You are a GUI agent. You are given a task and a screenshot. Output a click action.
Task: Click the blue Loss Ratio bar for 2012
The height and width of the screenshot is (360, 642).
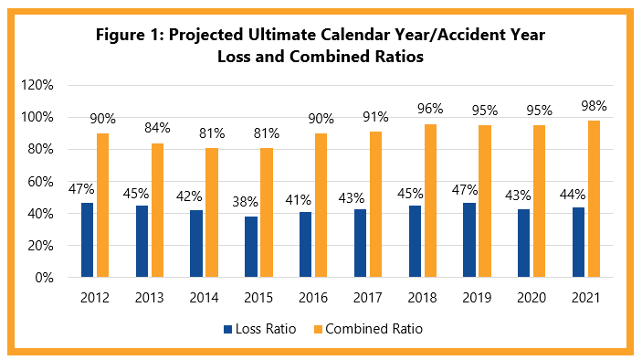(87, 239)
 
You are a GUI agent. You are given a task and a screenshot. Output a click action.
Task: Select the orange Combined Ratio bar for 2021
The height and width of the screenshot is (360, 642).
(595, 199)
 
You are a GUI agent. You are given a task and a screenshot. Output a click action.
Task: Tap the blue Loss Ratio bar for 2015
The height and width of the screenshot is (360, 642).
(251, 247)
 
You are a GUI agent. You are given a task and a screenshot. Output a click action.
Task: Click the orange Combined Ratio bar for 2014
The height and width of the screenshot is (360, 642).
(212, 213)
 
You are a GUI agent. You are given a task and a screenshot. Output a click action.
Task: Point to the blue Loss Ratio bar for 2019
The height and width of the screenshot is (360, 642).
(469, 239)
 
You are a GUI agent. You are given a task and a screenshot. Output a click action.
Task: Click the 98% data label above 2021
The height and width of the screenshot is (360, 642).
(595, 106)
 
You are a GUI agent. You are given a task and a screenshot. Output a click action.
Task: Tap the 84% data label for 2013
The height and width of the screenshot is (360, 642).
(157, 129)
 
